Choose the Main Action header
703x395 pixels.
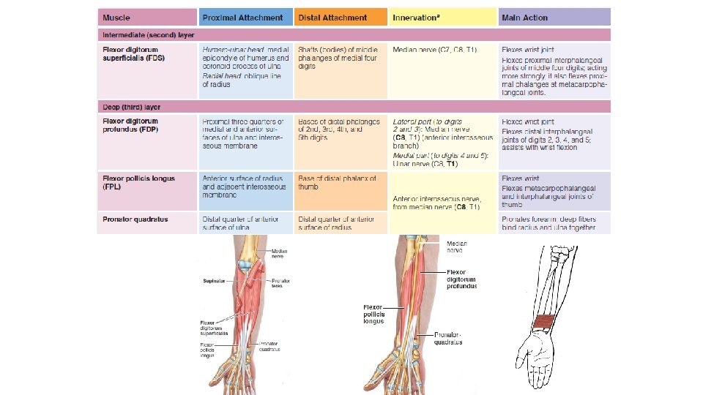(x=524, y=17)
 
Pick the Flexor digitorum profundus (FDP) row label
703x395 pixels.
(x=130, y=125)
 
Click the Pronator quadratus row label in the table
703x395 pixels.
(x=135, y=219)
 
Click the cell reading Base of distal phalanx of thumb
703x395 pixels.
(x=337, y=182)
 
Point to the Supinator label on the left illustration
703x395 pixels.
(x=212, y=280)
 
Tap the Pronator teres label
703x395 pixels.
(x=280, y=284)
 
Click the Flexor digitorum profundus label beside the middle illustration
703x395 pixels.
(x=461, y=279)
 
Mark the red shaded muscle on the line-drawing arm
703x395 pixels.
(x=546, y=323)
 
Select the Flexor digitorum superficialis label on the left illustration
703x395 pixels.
(x=214, y=327)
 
